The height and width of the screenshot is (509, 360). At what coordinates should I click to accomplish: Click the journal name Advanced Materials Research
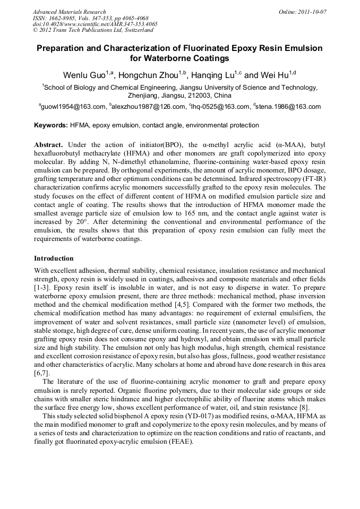coord(69,12)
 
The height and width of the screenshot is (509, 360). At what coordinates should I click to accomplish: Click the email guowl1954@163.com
coord(73,107)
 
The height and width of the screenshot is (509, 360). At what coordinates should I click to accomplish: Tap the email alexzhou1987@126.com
coord(148,107)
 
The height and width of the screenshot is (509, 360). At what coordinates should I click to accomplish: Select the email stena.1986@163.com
coord(288,107)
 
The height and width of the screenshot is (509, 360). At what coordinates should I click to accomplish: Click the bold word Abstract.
coord(48,144)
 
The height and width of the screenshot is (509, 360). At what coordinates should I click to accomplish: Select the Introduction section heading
coord(54,258)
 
